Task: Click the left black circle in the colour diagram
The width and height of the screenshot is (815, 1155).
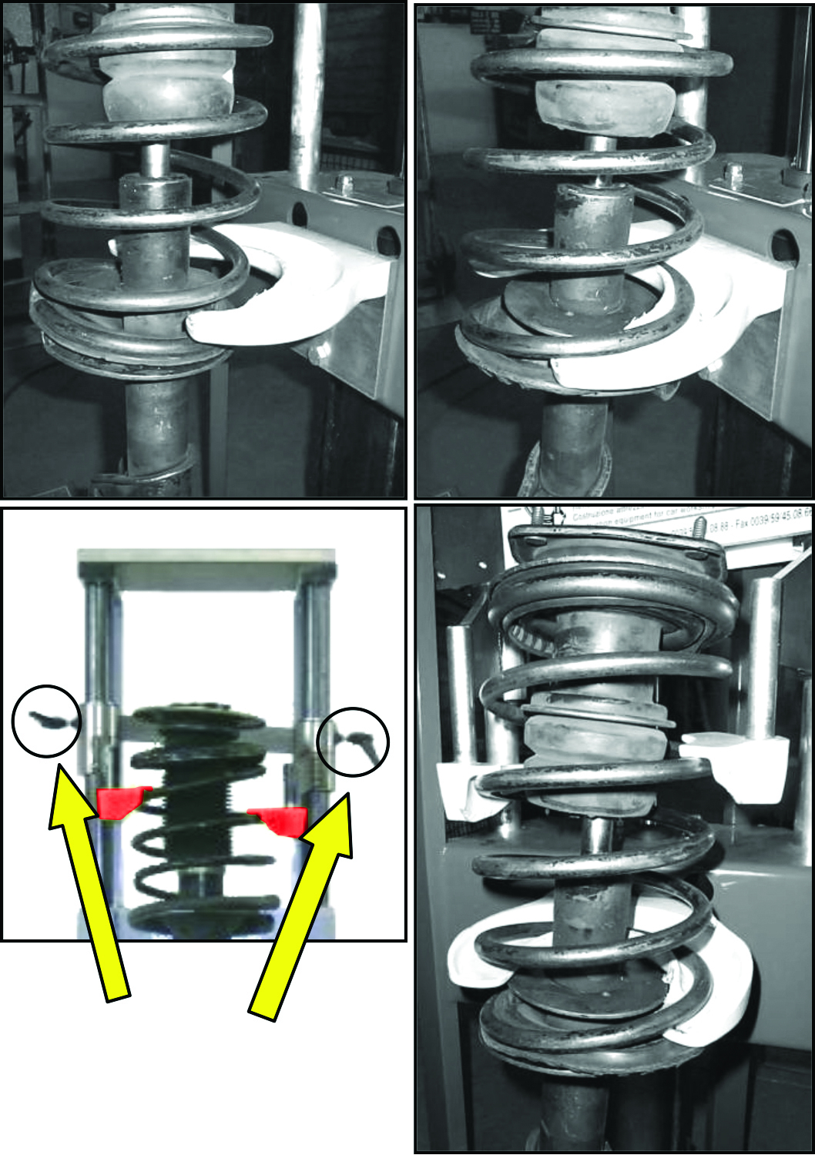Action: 46,721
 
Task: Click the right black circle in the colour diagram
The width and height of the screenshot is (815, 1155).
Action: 354,742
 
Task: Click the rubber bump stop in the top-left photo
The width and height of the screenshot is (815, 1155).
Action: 167,85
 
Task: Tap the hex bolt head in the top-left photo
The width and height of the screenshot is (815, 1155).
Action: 345,184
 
